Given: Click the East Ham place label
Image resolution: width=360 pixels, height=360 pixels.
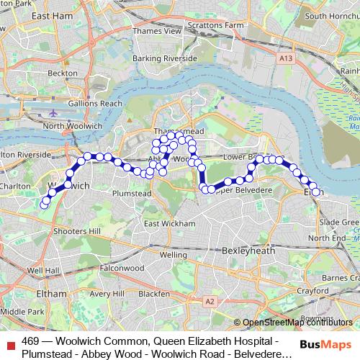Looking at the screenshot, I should (70, 15).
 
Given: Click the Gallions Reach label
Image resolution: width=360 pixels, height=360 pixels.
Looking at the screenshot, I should (95, 104).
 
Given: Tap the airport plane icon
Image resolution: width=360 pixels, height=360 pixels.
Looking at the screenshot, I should (55, 113).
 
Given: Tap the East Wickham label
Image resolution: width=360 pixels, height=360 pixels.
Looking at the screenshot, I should (168, 224).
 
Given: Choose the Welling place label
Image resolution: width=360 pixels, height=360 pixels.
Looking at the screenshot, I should (174, 255).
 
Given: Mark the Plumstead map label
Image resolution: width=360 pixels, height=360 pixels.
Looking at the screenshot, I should (132, 194).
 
